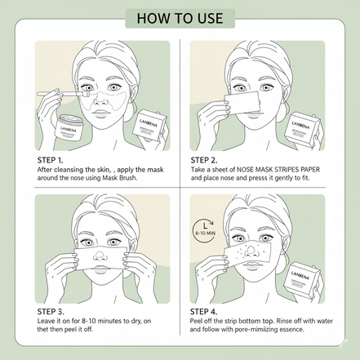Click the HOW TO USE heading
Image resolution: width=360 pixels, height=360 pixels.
[180, 18]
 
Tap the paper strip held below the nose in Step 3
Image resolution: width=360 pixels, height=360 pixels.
[104, 264]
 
